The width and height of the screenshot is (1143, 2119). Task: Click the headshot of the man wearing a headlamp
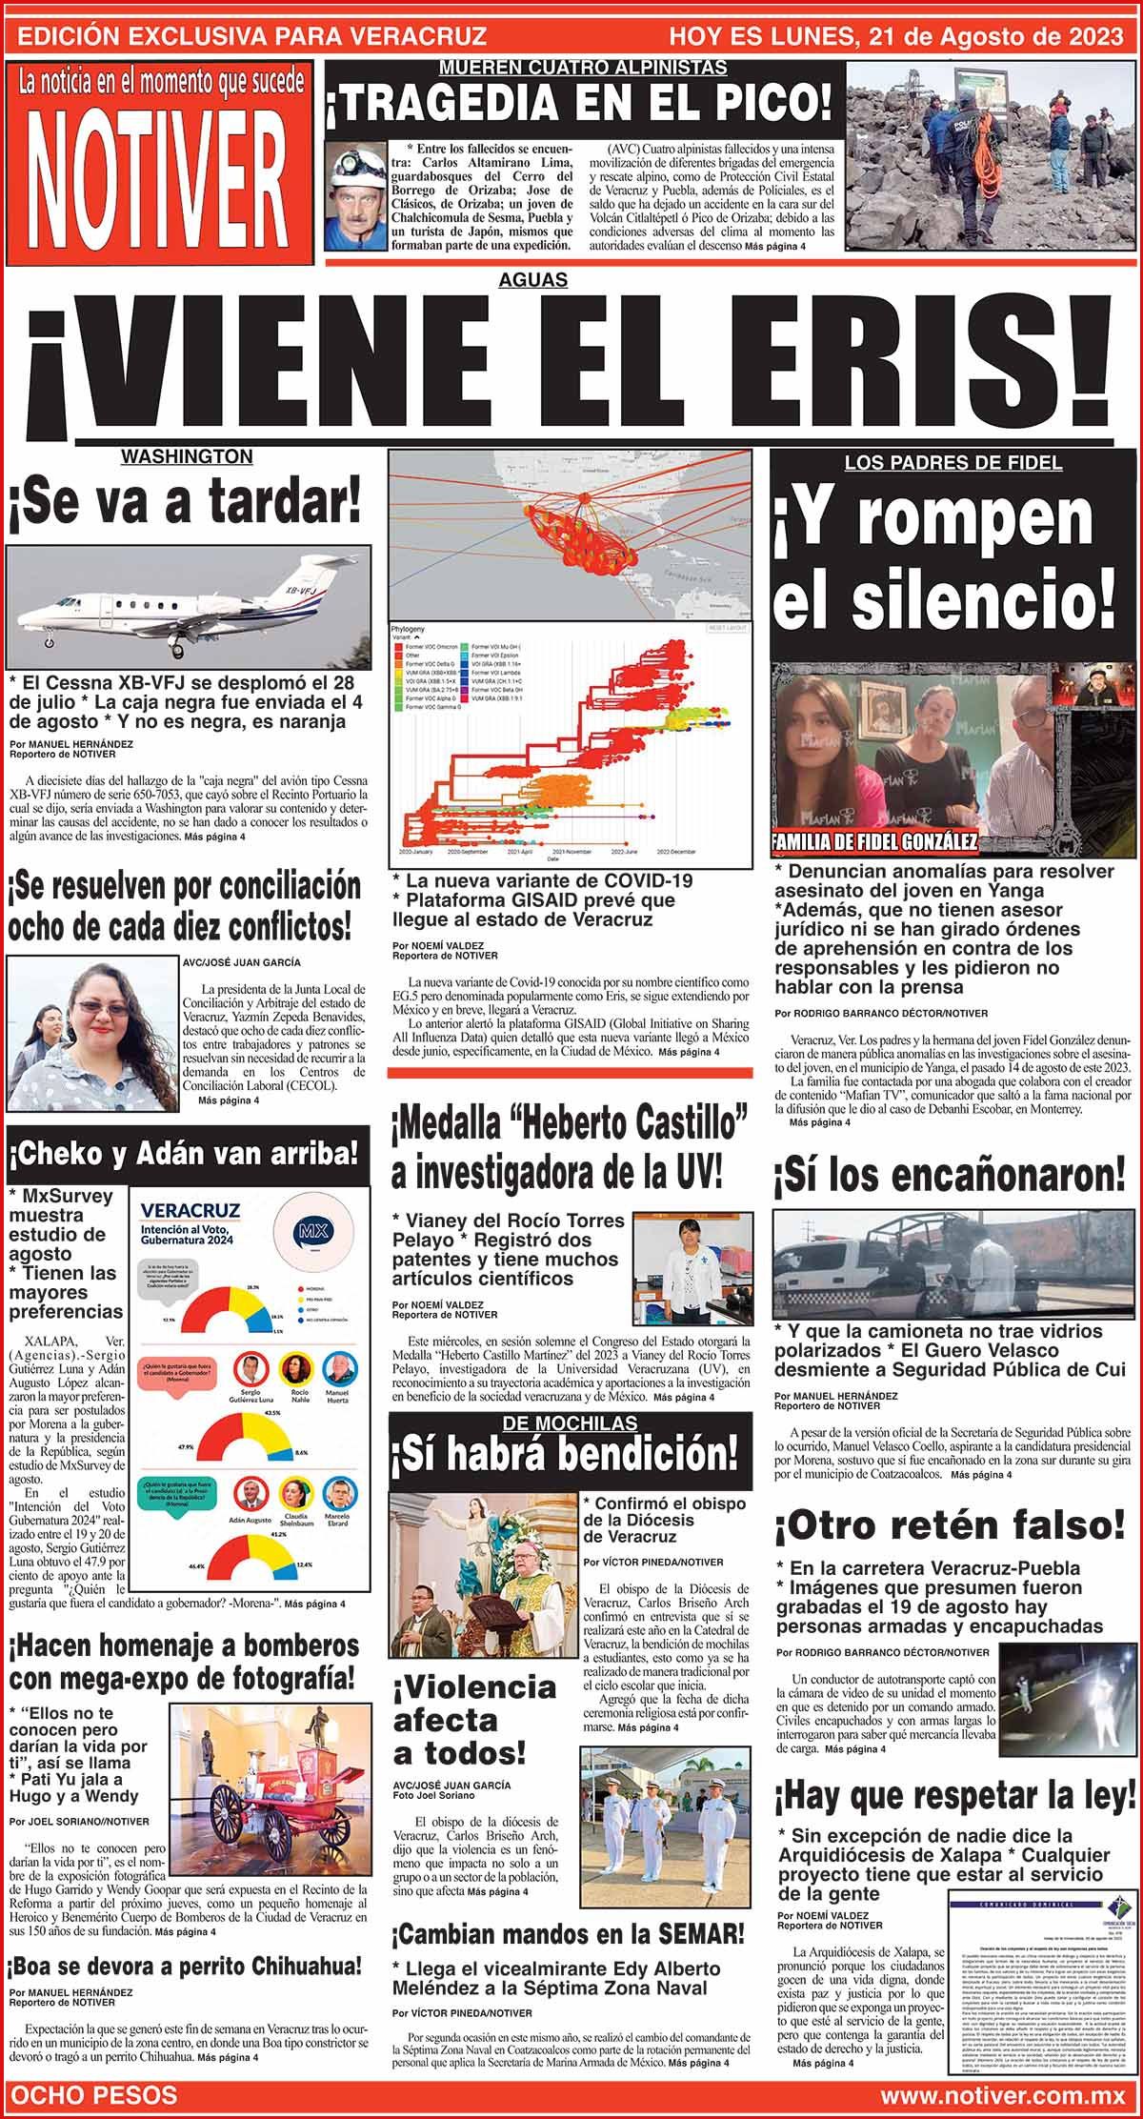352,197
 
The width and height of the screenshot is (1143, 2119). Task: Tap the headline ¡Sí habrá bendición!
568,1453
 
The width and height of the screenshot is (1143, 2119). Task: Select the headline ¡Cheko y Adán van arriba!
187,1155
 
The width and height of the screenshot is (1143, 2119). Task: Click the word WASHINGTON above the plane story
187,456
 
